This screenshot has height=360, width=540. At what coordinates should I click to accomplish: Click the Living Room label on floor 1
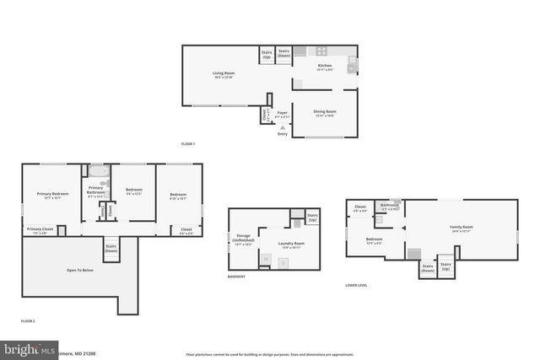[x=222, y=76]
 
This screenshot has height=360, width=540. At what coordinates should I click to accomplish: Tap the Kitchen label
[x=325, y=67]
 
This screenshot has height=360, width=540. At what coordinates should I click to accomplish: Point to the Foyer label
[x=282, y=114]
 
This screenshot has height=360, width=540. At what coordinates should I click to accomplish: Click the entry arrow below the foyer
[x=282, y=127]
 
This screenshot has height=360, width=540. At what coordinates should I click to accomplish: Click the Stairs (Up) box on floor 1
[x=267, y=54]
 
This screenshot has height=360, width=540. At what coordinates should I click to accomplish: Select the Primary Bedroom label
[x=52, y=196]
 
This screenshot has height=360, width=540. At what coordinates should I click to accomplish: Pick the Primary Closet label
[x=40, y=230]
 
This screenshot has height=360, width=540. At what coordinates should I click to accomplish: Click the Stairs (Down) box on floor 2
[x=111, y=249]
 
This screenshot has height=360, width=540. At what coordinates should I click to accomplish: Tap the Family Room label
[x=461, y=228]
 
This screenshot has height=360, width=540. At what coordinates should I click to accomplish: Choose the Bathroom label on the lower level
[x=389, y=206]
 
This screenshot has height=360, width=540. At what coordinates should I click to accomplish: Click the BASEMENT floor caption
[x=237, y=277]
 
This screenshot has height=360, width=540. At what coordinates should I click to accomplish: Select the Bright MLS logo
[x=30, y=348]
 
